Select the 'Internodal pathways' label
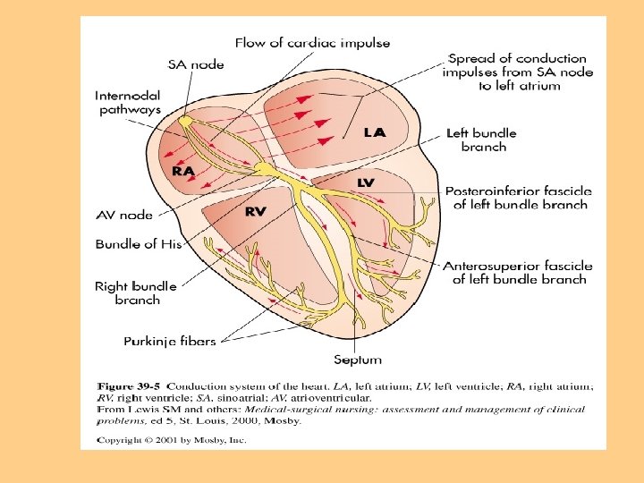129,101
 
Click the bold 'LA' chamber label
375,132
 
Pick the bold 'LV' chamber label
366,182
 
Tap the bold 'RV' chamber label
256,211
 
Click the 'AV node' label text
124,215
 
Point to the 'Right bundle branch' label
136,293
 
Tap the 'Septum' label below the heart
358,360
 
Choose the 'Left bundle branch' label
481,140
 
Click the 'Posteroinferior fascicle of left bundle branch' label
516,198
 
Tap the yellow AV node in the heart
265,168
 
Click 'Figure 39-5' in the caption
129,386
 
